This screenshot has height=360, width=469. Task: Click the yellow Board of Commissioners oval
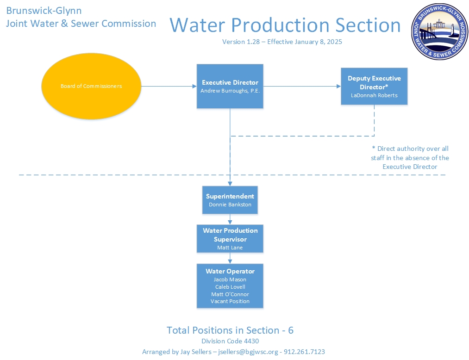pos(91,86)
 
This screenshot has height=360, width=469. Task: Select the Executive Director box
pos(230,86)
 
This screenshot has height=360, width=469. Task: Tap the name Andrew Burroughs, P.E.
pos(230,91)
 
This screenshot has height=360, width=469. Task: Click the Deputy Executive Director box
pos(374,86)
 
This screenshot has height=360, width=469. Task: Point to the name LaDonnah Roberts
pos(374,95)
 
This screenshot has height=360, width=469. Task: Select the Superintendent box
pos(230,200)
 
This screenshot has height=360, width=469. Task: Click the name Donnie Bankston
pos(230,205)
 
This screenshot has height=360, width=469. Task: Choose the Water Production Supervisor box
pos(230,239)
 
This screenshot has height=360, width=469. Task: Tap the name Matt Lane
pos(230,248)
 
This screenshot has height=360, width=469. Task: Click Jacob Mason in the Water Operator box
pos(230,279)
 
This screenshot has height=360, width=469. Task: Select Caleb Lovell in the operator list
pos(230,287)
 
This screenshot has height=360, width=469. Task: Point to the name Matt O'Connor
pos(230,294)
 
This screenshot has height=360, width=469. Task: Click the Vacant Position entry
pos(230,301)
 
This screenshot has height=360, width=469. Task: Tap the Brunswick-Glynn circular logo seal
pos(440,31)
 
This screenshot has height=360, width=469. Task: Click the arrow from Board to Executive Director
pos(169,87)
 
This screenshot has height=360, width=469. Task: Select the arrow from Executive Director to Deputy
pos(302,87)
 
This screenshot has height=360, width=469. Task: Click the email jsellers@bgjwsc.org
pos(248,352)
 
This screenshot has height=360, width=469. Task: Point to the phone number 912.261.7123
pos(304,352)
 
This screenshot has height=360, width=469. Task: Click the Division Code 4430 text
pos(230,341)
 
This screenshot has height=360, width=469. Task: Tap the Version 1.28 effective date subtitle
pos(282,42)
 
